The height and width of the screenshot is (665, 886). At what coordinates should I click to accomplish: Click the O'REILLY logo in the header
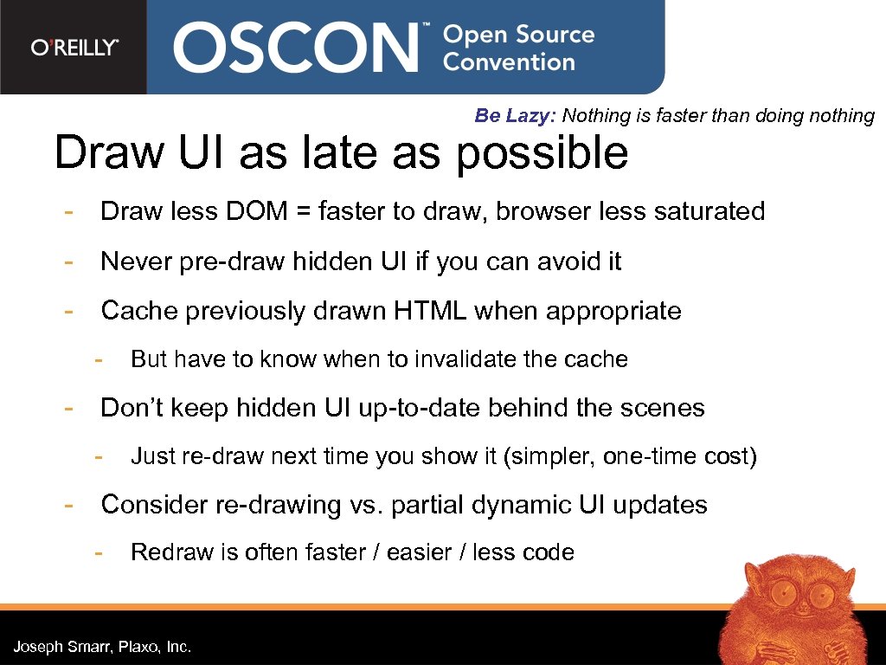pos(74,48)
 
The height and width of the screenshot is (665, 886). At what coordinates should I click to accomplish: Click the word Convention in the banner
pos(509,62)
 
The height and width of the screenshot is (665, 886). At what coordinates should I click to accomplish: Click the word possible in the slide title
pos(542,153)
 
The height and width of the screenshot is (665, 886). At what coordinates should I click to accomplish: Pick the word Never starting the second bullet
pos(136,261)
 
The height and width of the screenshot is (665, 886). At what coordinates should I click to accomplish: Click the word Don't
pos(132,408)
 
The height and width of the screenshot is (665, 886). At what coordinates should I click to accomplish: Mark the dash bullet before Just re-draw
pos(100,455)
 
